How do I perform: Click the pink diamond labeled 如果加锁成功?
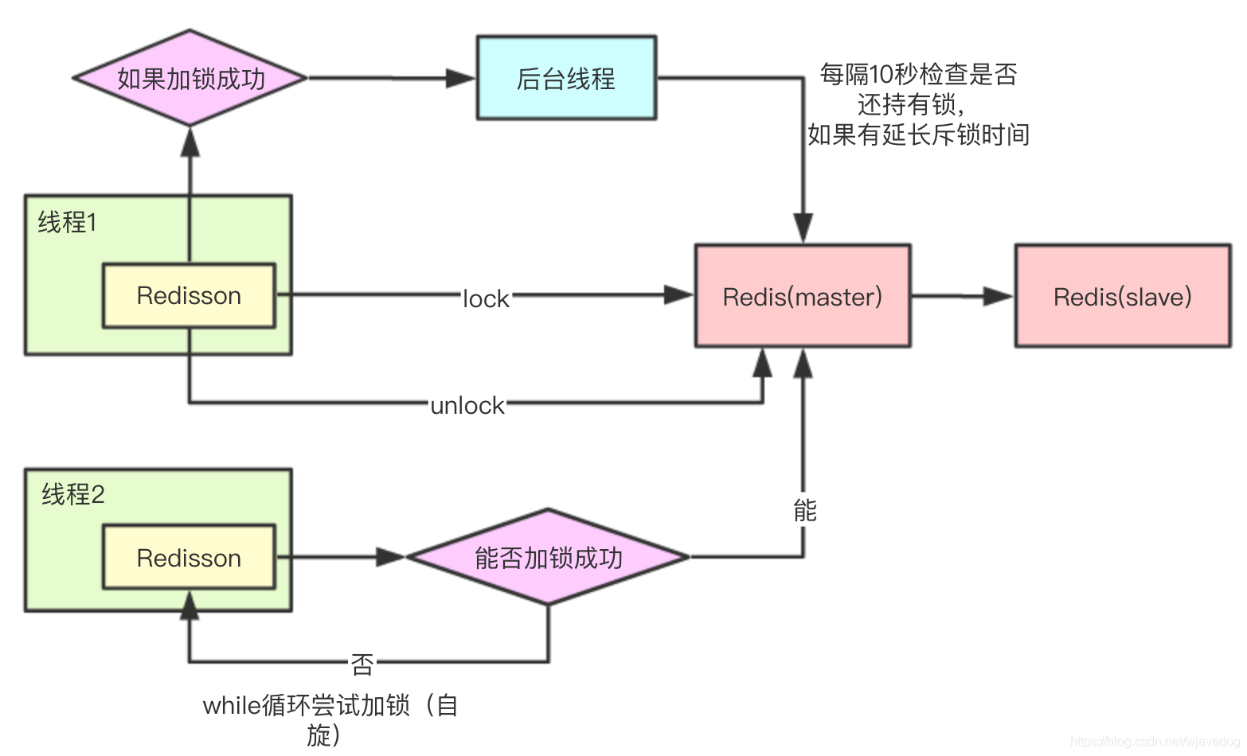[x=190, y=78]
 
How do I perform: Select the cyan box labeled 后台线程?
[x=566, y=78]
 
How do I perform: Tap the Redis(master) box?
[x=803, y=296]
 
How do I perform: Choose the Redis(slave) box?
[x=1122, y=296]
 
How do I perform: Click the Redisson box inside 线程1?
[x=189, y=295]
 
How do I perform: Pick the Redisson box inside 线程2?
[x=189, y=557]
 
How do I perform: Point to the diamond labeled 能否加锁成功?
[x=548, y=557]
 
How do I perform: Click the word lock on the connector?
[x=486, y=298]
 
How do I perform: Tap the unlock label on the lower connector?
[x=467, y=405]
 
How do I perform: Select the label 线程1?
[x=68, y=222]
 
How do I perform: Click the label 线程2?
[x=73, y=494]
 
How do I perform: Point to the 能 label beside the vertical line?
[x=805, y=510]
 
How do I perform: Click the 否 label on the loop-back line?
[x=362, y=663]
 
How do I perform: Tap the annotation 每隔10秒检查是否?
[x=918, y=74]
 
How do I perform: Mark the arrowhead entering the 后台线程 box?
[x=460, y=78]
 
